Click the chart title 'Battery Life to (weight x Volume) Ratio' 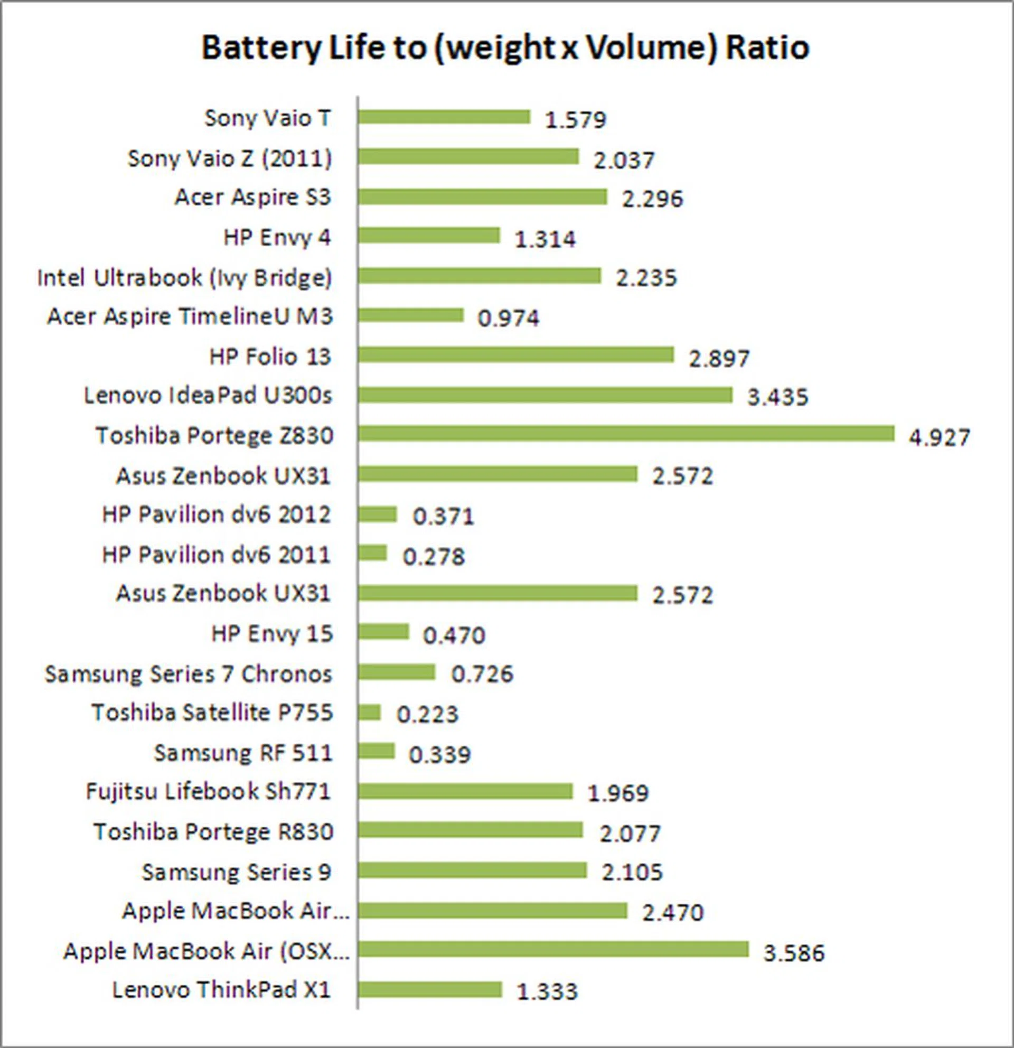505,48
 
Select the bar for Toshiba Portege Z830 626,434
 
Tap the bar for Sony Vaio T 444,117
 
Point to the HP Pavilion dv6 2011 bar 372,553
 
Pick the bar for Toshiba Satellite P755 369,712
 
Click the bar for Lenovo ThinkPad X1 430,989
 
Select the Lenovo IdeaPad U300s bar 545,395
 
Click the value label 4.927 939,437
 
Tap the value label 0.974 509,318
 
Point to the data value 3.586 794,953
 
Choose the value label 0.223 427,714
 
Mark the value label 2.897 719,358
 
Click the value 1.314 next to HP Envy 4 545,239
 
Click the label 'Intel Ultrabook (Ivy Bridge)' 185,277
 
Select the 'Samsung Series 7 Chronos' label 188,673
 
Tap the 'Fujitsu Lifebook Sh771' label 209,791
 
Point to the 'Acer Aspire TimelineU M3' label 190,316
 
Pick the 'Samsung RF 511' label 243,753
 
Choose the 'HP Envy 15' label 272,634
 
